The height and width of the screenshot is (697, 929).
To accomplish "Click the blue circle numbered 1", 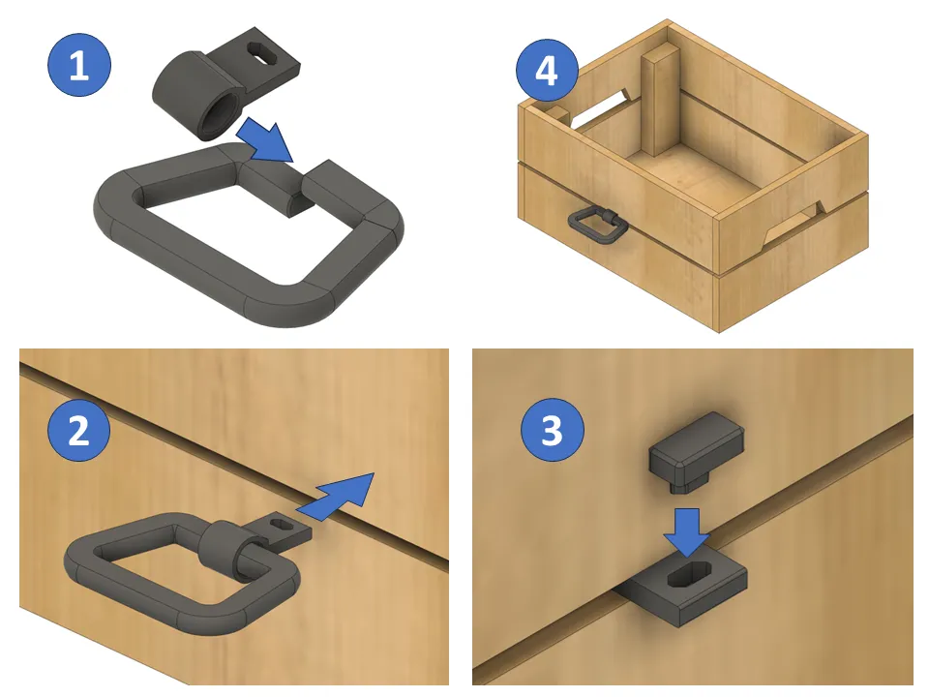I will [x=79, y=66].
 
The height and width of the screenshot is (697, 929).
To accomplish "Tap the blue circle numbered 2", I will [x=77, y=430].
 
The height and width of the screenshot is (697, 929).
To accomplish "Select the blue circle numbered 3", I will [x=552, y=430].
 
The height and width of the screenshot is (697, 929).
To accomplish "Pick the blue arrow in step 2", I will [x=339, y=495].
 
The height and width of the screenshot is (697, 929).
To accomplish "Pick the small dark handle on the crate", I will [x=596, y=225].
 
